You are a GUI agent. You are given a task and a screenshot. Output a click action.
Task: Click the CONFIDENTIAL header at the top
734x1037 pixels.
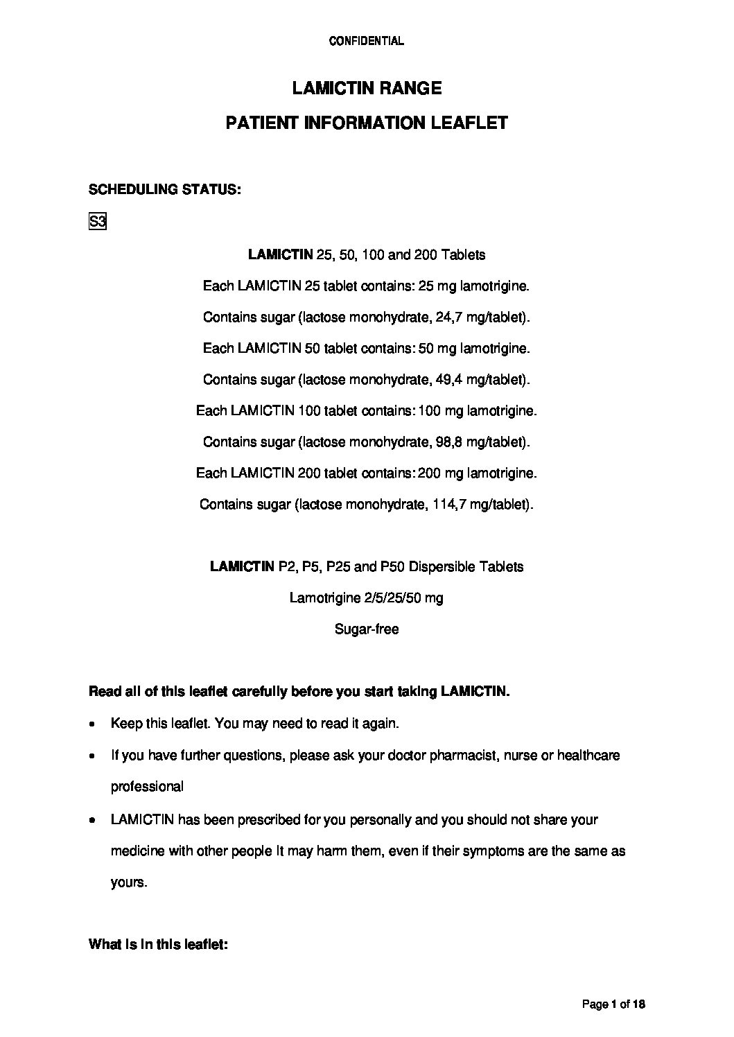click(366, 41)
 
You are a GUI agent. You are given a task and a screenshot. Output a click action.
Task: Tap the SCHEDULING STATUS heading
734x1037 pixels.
click(165, 189)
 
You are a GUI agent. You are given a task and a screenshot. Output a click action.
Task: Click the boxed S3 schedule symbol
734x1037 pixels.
click(97, 223)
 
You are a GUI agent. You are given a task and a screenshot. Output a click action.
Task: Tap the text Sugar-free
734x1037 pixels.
click(367, 629)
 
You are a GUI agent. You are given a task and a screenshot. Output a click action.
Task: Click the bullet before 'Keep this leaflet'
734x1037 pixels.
click(93, 724)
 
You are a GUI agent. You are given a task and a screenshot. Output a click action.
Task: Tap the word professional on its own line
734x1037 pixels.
click(147, 787)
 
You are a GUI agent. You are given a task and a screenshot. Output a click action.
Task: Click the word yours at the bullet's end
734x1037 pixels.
click(128, 883)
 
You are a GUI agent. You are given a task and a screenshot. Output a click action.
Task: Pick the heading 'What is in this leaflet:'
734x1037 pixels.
click(159, 945)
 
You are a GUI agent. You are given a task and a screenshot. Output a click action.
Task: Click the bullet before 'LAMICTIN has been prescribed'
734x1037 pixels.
click(93, 820)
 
